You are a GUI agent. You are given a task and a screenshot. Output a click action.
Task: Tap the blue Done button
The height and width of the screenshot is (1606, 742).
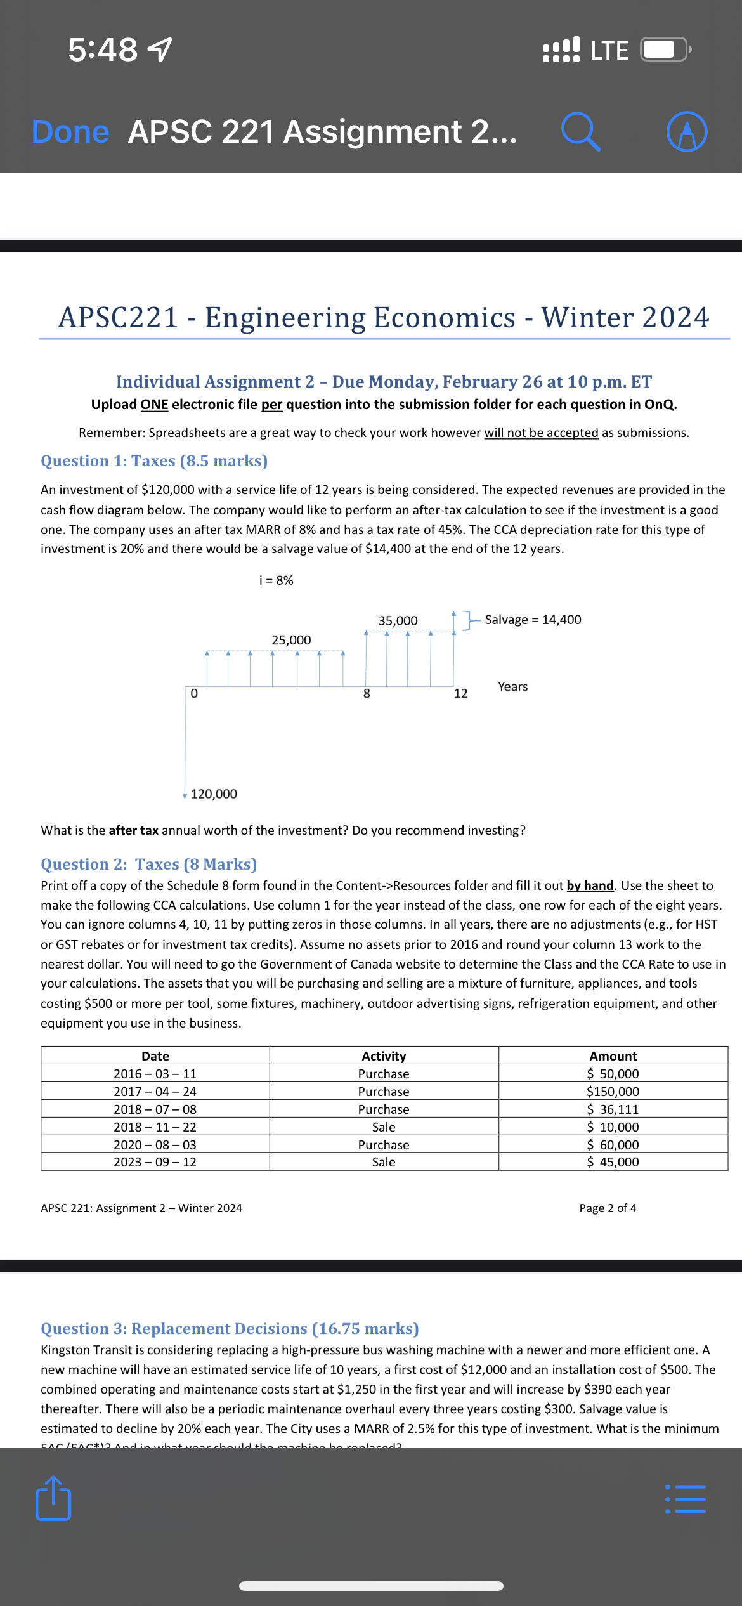pyautogui.click(x=70, y=132)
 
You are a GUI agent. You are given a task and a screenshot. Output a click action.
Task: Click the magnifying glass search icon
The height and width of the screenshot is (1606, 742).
pyautogui.click(x=580, y=132)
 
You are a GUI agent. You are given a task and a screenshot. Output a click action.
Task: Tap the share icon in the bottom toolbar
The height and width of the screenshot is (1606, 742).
pyautogui.click(x=53, y=1498)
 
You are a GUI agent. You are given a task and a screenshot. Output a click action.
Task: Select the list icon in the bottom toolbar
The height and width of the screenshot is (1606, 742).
pyautogui.click(x=686, y=1499)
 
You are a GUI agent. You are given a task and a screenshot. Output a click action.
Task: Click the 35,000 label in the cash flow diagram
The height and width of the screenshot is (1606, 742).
pyautogui.click(x=398, y=620)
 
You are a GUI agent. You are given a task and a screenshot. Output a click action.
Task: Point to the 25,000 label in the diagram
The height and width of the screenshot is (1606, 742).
pyautogui.click(x=291, y=640)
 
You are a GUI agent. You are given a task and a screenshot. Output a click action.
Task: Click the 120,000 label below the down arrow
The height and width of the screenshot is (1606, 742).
pyautogui.click(x=214, y=794)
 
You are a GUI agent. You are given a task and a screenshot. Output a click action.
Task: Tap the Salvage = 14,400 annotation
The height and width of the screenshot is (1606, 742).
pyautogui.click(x=533, y=620)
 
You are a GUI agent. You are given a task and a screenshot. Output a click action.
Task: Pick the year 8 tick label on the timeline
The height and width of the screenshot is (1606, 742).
pyautogui.click(x=367, y=693)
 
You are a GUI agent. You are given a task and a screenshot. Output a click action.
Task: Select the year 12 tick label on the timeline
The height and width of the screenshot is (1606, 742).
pyautogui.click(x=460, y=693)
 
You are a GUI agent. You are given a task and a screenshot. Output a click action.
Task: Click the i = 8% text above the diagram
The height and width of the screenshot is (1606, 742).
pyautogui.click(x=277, y=580)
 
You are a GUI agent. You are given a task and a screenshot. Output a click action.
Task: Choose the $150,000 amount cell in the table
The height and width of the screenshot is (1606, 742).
pyautogui.click(x=613, y=1092)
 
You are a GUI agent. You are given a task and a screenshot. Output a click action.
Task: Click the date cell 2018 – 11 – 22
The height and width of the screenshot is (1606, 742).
pyautogui.click(x=155, y=1127)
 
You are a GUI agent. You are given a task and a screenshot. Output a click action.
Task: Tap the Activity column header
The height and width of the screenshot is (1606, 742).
pyautogui.click(x=384, y=1056)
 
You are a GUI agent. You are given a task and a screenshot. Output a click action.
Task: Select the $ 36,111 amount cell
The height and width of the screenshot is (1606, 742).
pyautogui.click(x=613, y=1109)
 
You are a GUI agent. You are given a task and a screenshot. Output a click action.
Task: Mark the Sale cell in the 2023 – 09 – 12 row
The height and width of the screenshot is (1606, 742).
pyautogui.click(x=384, y=1162)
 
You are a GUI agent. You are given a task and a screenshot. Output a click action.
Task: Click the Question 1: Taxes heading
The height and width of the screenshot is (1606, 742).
pyautogui.click(x=154, y=460)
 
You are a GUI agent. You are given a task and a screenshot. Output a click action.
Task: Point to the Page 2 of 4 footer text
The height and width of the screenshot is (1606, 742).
pyautogui.click(x=608, y=1208)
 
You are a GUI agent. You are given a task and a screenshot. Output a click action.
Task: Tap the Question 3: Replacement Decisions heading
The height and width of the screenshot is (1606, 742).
pyautogui.click(x=230, y=1328)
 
